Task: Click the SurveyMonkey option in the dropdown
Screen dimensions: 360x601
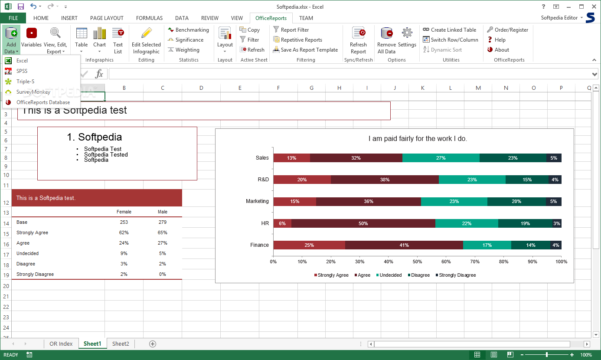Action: (33, 92)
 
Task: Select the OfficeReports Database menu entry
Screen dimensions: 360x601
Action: (42, 102)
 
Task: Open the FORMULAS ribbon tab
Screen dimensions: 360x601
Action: (149, 18)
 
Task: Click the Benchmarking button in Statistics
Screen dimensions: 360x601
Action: (189, 30)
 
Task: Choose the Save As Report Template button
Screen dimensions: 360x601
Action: (305, 50)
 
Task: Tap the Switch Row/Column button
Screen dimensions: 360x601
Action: (451, 40)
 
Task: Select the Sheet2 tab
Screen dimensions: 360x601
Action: (121, 344)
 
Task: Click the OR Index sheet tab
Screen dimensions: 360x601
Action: (61, 344)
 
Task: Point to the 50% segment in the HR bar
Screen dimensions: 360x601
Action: (363, 223)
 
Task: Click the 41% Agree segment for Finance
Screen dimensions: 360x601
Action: (404, 245)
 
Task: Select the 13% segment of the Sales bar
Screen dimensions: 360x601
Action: (291, 158)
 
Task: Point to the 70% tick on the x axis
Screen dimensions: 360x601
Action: (475, 262)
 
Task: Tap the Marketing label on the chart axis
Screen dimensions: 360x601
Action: (257, 201)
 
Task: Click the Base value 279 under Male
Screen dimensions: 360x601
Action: (162, 222)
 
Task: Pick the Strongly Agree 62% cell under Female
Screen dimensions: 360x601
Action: (124, 232)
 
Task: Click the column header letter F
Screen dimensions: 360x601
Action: (278, 88)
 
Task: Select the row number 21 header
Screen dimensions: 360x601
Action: (6, 297)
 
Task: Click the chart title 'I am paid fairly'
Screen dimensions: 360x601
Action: (417, 139)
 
